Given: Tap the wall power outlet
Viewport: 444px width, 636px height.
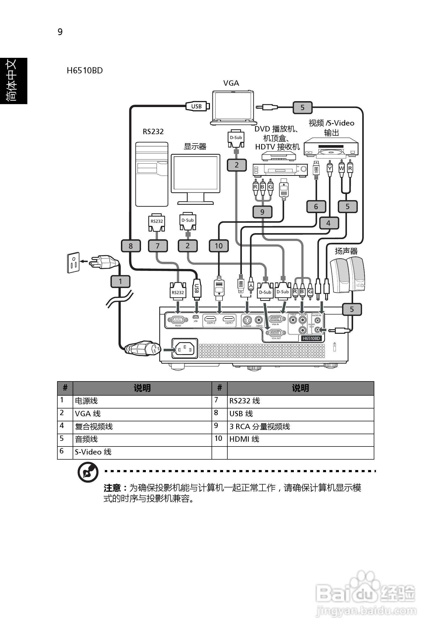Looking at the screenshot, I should [73, 262].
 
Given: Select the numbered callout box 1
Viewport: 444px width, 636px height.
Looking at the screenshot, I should [120, 281].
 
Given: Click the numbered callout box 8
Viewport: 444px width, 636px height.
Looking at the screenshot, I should [131, 246].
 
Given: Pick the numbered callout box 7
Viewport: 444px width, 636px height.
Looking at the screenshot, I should [158, 246].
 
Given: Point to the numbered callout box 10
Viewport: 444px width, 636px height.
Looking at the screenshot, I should [219, 246].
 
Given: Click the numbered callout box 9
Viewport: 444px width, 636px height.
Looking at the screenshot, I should [262, 212].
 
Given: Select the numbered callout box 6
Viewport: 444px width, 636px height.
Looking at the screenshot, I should [316, 207].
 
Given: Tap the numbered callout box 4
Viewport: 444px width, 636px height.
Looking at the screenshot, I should [328, 223].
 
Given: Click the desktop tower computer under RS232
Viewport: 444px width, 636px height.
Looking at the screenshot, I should [151, 174].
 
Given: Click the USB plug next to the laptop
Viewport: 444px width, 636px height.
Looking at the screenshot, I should [197, 106].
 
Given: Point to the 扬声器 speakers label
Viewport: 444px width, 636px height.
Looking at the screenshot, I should [346, 251].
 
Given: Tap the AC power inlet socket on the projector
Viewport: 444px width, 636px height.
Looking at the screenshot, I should [184, 348].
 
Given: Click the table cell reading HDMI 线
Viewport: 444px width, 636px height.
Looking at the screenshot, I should [244, 439].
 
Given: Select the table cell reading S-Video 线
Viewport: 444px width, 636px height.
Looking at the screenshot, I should [93, 452].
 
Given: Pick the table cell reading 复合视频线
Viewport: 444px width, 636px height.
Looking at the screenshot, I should [94, 426].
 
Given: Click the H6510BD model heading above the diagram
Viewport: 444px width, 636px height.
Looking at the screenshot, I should [85, 71].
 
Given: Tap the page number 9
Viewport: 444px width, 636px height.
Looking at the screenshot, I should [60, 32].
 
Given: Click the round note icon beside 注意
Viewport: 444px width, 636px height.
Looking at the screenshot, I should [88, 472].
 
